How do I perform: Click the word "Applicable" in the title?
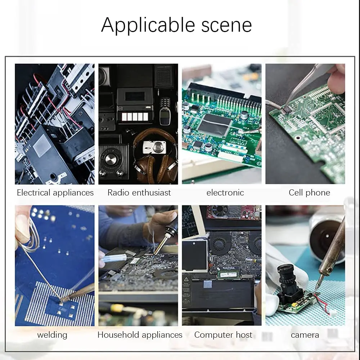coord(148,25)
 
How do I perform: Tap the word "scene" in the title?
coord(226,25)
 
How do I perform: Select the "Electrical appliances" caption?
coord(55,193)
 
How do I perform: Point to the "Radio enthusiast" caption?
coord(139,192)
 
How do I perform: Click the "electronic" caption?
coord(225,192)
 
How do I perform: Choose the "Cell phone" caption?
coord(310,192)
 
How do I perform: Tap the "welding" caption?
coord(52,335)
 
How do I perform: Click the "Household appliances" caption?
coord(140,335)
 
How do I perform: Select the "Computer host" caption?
coord(223,335)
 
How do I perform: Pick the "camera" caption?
coord(305,335)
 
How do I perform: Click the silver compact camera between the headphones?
coord(154,147)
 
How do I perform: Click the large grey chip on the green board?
coord(215,125)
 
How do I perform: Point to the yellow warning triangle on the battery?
coord(186,279)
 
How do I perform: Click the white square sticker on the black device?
coord(41,145)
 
